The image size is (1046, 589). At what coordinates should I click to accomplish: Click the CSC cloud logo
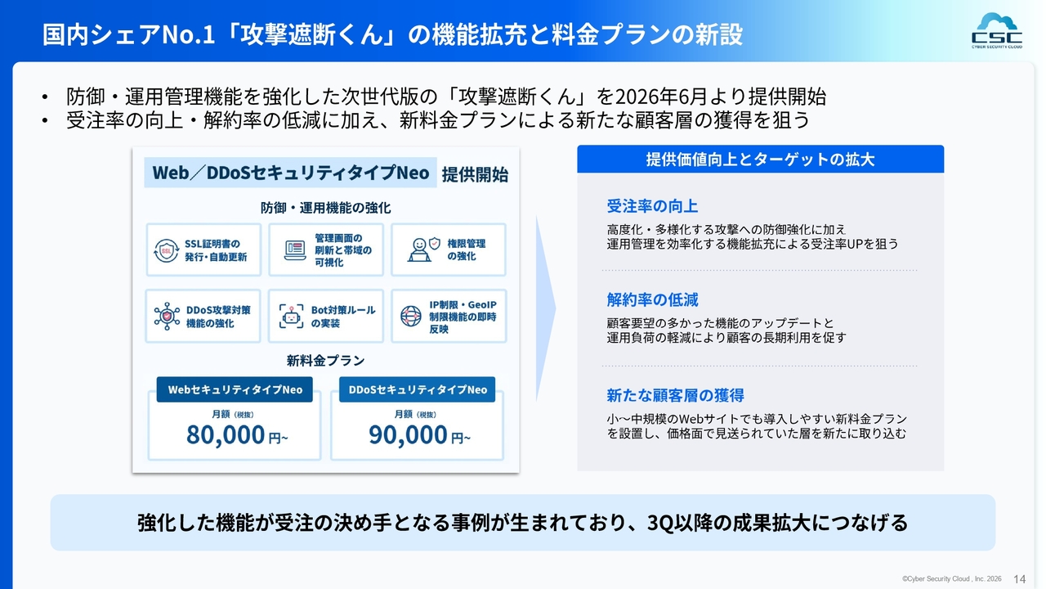(997, 31)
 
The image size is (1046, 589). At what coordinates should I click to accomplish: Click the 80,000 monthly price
(226, 434)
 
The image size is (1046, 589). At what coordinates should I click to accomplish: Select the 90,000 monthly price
(408, 434)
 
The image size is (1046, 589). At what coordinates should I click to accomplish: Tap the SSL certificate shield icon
(167, 250)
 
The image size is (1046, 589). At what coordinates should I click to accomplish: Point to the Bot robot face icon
(292, 316)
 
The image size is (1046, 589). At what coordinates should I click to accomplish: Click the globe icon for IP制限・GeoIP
(411, 316)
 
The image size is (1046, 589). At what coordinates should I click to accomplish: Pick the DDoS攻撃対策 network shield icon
(167, 316)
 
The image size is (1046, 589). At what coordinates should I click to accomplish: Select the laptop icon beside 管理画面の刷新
(295, 250)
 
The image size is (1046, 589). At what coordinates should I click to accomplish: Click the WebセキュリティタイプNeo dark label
(235, 389)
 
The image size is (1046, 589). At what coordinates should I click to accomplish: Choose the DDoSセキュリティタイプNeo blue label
(417, 389)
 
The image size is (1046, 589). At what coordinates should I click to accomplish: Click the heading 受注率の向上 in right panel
(652, 206)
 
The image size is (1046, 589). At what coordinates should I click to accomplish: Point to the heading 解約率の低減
(652, 299)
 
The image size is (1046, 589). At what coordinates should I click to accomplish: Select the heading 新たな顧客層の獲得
(675, 395)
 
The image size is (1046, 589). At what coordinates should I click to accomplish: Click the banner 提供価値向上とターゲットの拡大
(760, 160)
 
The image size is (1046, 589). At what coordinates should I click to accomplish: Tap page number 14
(1019, 579)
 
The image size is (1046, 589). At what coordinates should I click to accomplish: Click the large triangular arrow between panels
(546, 308)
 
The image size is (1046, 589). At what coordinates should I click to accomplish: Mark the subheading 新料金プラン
(325, 361)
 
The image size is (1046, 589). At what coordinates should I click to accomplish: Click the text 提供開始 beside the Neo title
(475, 174)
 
